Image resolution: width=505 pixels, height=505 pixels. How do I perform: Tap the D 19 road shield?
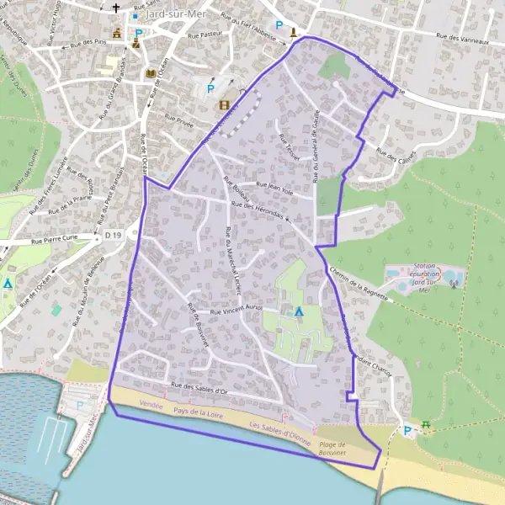pyautogui.click(x=114, y=235)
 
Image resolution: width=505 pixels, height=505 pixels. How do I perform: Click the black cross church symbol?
pyautogui.click(x=115, y=9)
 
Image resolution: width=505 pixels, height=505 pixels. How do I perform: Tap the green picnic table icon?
pyautogui.click(x=426, y=426)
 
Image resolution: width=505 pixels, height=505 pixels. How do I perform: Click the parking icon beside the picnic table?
pyautogui.click(x=408, y=431)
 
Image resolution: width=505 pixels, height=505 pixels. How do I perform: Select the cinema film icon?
pyautogui.click(x=224, y=105)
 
